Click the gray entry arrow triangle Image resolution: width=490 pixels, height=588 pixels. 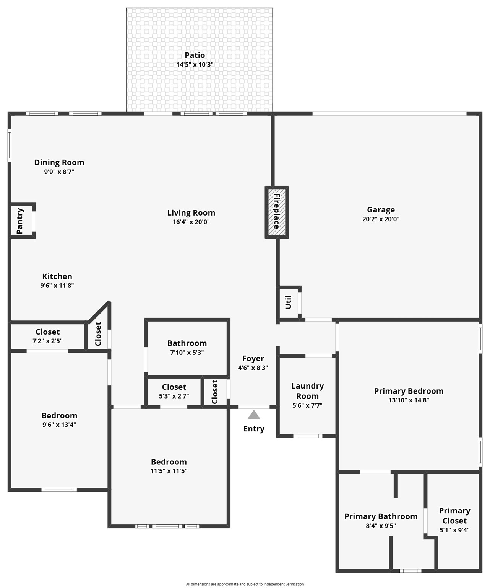(254, 415)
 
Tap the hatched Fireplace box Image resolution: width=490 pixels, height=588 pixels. (277, 212)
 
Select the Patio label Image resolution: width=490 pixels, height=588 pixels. (195, 55)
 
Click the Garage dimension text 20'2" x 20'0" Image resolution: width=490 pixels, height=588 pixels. (381, 219)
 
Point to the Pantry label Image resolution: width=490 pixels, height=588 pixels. (20, 221)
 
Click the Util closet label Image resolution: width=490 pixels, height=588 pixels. (288, 302)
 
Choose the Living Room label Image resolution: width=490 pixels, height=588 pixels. (191, 213)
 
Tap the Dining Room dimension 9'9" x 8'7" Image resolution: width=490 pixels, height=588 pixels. (59, 172)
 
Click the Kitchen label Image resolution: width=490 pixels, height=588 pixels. (57, 276)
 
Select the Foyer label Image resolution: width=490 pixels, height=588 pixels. (253, 359)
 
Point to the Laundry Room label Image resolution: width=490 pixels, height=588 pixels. (307, 391)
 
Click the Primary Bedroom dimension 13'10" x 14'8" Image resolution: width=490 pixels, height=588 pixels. (409, 400)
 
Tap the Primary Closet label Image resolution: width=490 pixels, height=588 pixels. (454, 516)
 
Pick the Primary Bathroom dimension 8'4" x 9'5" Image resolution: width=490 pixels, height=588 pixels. (381, 526)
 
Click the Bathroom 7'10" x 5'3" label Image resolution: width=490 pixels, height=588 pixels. (187, 343)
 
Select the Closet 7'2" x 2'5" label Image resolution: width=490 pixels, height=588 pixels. (47, 332)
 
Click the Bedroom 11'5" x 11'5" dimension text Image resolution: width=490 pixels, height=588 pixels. (169, 471)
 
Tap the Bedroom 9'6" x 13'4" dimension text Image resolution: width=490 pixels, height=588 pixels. (59, 425)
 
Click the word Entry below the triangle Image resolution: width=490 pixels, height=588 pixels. (254, 429)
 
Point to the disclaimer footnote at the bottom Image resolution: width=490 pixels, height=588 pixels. (245, 584)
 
